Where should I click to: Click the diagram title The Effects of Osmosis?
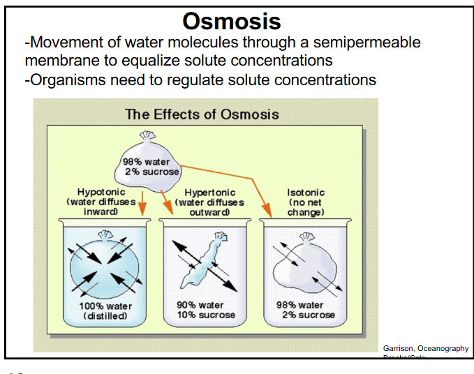tap(202, 114)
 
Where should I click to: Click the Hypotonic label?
tap(100, 192)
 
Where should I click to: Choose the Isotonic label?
tap(306, 192)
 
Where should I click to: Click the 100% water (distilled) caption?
tap(105, 311)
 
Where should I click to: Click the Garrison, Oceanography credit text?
tap(425, 347)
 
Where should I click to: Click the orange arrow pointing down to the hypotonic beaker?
tap(142, 202)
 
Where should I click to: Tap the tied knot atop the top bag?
tap(146, 135)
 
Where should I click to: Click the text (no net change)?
tap(306, 207)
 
